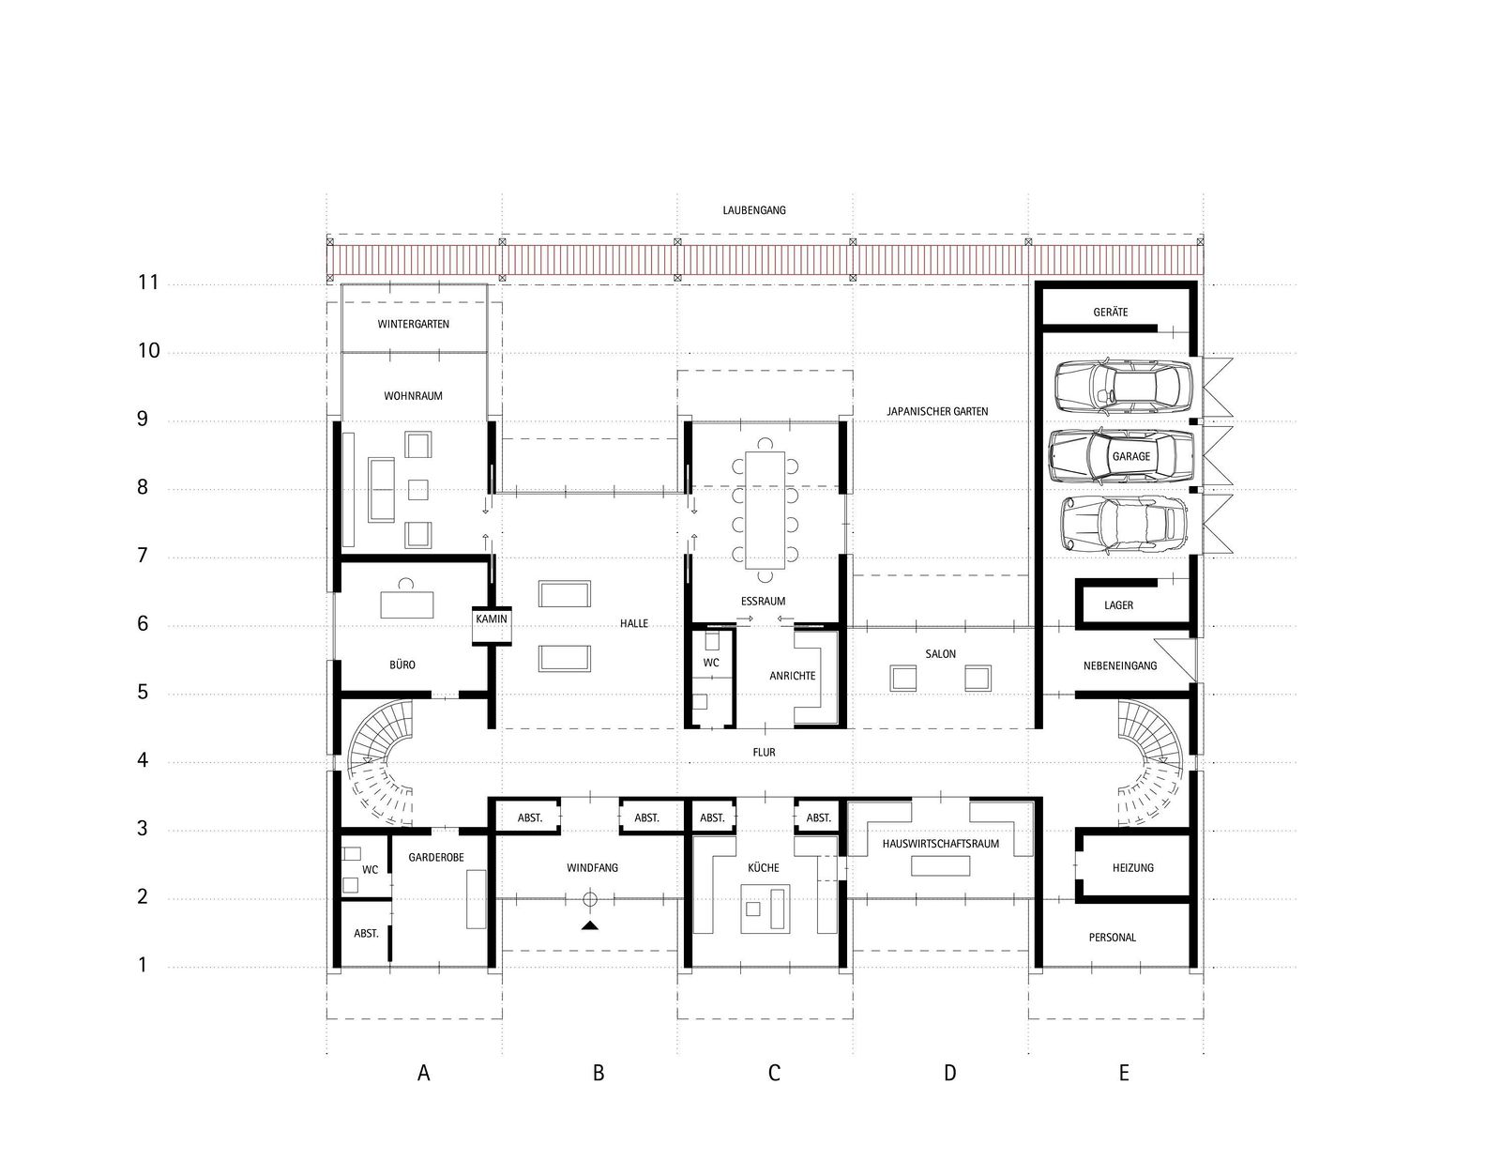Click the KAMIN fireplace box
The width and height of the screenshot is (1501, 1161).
[492, 625]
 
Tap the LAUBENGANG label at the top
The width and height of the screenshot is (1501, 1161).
[754, 210]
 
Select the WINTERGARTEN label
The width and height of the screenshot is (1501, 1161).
[413, 324]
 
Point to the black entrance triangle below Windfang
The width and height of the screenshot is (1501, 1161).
[589, 925]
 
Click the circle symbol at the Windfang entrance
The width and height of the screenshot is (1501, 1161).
[589, 899]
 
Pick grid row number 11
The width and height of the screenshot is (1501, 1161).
[148, 282]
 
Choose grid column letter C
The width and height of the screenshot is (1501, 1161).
[774, 1073]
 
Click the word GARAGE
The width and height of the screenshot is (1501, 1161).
[1130, 457]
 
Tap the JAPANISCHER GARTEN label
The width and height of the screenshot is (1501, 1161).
[937, 411]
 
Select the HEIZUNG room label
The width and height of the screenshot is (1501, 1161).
[1133, 867]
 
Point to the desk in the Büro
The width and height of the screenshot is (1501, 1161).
[407, 604]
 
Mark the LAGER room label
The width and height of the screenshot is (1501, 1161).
[1118, 605]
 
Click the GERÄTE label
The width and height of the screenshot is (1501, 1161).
[1110, 313]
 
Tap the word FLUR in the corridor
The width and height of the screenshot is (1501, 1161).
[764, 752]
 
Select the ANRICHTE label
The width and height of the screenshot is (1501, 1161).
[793, 676]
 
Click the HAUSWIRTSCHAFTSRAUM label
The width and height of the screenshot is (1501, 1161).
[940, 844]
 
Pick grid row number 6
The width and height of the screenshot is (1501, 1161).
[143, 624]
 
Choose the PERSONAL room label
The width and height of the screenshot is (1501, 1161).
[1112, 938]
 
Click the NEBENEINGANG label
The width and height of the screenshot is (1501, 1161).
[1120, 666]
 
